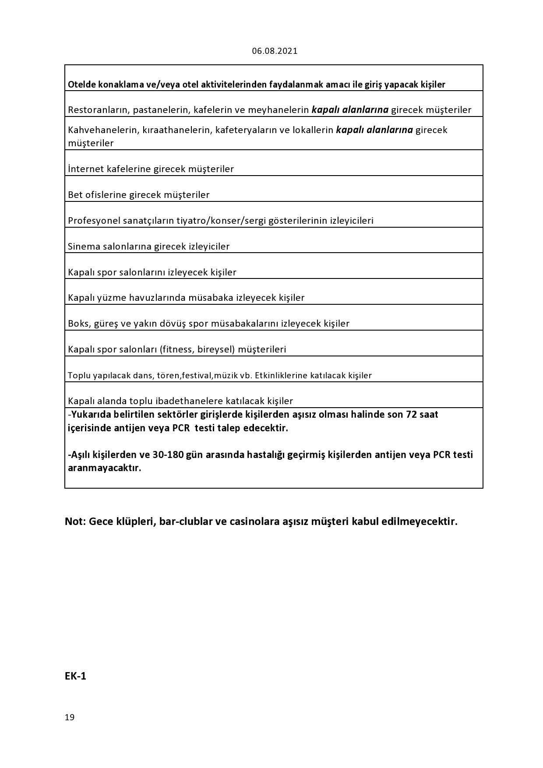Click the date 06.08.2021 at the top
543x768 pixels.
(275, 51)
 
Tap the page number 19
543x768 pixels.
(70, 717)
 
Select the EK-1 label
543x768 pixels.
(75, 676)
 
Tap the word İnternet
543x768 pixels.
(86, 169)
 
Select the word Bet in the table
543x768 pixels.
(75, 195)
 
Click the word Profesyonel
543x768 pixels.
(94, 221)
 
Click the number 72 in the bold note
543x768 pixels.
(411, 415)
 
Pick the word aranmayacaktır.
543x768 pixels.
(105, 468)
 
